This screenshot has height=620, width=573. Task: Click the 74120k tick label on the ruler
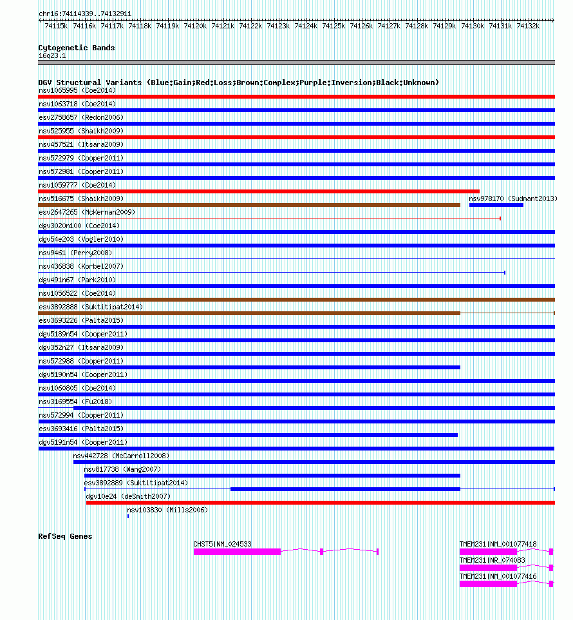point(195,25)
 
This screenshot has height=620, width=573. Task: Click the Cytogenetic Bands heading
point(76,48)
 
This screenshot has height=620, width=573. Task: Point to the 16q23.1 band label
point(52,55)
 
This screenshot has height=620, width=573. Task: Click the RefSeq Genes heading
point(65,536)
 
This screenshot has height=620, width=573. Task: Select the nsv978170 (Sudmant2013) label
point(513,199)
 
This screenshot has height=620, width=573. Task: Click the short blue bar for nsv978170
point(496,205)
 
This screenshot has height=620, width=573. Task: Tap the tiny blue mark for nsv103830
point(128,516)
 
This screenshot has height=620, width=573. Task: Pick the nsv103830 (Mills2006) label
point(167,510)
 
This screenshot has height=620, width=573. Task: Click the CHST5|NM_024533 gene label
point(222,544)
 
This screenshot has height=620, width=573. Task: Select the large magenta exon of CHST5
point(237,552)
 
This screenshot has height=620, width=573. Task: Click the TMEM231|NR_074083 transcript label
point(492,560)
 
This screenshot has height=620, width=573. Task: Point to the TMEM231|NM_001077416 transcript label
point(498,576)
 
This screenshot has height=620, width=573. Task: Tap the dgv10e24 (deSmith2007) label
point(128,496)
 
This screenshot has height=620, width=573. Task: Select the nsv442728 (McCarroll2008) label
point(121,456)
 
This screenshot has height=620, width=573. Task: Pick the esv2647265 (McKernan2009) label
point(87,212)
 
